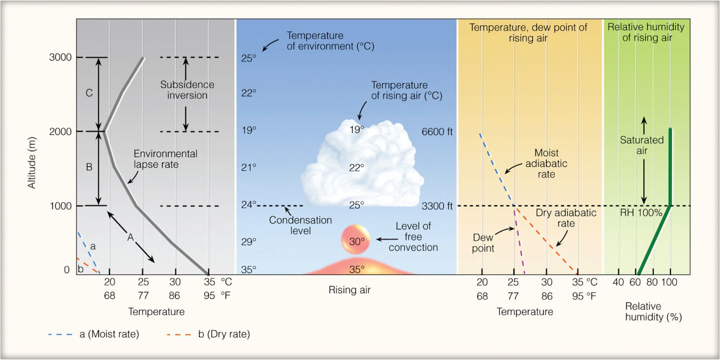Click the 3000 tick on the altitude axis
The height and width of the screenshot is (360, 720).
click(x=60, y=57)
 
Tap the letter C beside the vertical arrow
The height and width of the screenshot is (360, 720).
click(x=89, y=93)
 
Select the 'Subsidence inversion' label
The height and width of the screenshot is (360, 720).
click(x=187, y=90)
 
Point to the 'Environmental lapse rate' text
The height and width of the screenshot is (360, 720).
click(x=165, y=159)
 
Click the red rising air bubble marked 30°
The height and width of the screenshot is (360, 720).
click(x=356, y=240)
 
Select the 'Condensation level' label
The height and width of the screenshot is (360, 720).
click(x=300, y=225)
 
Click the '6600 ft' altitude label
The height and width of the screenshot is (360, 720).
click(x=437, y=132)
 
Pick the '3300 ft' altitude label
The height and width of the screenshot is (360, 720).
click(x=437, y=206)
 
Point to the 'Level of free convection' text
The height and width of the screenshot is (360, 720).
click(x=413, y=237)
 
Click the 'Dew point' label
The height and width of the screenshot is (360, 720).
click(x=483, y=243)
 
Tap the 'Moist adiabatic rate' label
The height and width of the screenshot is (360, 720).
click(x=546, y=164)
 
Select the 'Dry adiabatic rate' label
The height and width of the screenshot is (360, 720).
click(x=566, y=218)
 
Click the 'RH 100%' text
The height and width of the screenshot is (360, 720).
click(x=641, y=213)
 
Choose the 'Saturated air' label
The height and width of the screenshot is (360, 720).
click(x=642, y=145)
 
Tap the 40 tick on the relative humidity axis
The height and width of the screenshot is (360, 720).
click(x=618, y=282)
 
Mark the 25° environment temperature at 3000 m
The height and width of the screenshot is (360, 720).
click(x=249, y=58)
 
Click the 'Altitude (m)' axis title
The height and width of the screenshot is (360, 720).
click(x=31, y=163)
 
